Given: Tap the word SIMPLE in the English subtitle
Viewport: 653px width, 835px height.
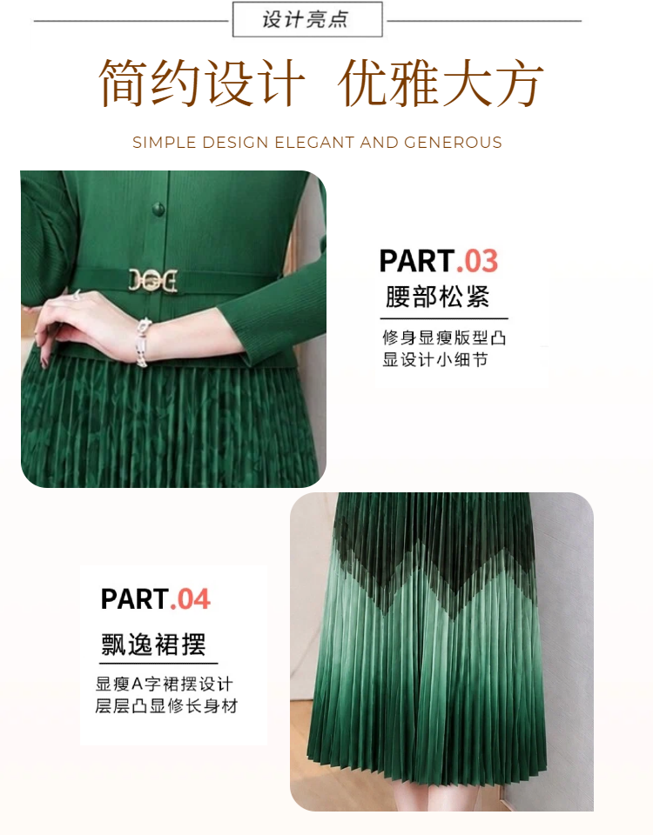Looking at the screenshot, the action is click(165, 143).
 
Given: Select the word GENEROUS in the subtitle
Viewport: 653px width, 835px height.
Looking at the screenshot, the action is click(453, 143).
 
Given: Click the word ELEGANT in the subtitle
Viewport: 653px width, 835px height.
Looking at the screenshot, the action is click(314, 143).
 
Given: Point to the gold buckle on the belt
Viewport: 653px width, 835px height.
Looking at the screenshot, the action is click(153, 280).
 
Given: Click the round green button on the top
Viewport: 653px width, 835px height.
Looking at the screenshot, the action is click(158, 208).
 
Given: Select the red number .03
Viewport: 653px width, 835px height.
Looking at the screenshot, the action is click(477, 261).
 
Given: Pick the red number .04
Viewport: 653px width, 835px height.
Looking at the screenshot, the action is click(191, 599).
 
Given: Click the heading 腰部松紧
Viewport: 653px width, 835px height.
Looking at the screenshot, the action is click(437, 297).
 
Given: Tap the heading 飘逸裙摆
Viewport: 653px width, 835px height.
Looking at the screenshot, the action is click(153, 645).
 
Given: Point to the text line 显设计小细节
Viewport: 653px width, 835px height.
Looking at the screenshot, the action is click(435, 360).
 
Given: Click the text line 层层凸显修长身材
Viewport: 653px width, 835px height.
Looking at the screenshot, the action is click(166, 706).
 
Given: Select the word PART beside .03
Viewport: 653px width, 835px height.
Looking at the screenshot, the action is click(417, 261).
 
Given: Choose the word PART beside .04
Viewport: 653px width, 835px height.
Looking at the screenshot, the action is click(135, 599).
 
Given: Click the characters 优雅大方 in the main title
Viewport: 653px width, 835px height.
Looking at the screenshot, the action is click(441, 83).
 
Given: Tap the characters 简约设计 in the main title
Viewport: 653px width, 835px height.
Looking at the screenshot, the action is click(201, 83).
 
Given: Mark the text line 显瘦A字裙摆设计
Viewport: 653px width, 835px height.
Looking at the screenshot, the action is click(165, 684).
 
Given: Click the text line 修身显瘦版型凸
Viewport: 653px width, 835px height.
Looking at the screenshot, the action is click(444, 337).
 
